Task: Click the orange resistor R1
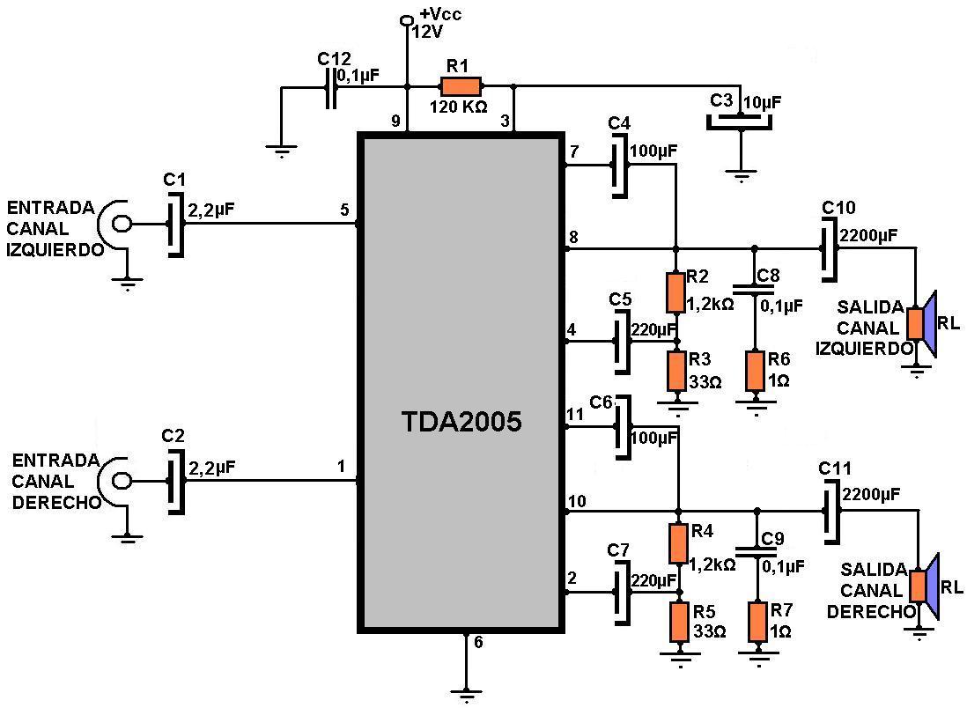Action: tap(461, 86)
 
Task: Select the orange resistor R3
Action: tap(676, 371)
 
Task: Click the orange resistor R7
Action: tap(757, 622)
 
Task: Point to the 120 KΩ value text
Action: tap(458, 107)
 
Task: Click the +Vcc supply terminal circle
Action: tap(407, 21)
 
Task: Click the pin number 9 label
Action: tap(395, 121)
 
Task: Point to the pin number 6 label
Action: tap(478, 642)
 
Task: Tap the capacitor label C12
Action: tap(334, 59)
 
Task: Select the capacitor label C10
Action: tap(838, 208)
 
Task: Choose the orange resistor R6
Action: tap(755, 371)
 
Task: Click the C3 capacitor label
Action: tap(721, 101)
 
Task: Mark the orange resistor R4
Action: tap(677, 543)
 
